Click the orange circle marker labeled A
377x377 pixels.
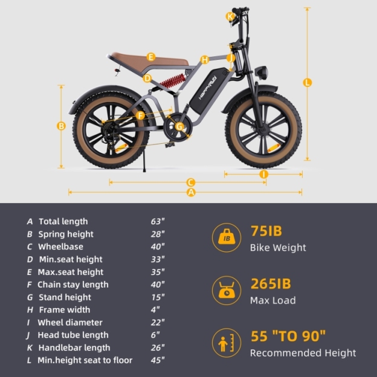pos(192,192)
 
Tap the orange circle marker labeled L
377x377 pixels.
pos(308,82)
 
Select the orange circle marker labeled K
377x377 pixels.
pos(230,16)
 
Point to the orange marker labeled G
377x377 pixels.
pos(179,126)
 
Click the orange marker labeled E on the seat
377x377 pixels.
pos(151,57)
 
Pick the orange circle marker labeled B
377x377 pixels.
pos(61,126)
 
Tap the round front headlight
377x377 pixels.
pos(262,72)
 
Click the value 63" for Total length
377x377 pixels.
pos(158,221)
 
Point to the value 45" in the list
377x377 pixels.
pos(158,360)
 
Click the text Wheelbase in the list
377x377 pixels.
pos(60,246)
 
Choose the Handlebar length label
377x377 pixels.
pos(74,347)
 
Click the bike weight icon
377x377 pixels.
pos(227,237)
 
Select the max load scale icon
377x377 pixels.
pos(227,291)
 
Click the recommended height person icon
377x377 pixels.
pos(227,343)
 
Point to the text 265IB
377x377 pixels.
pos(271,284)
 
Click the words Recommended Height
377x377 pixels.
pos(303,353)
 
